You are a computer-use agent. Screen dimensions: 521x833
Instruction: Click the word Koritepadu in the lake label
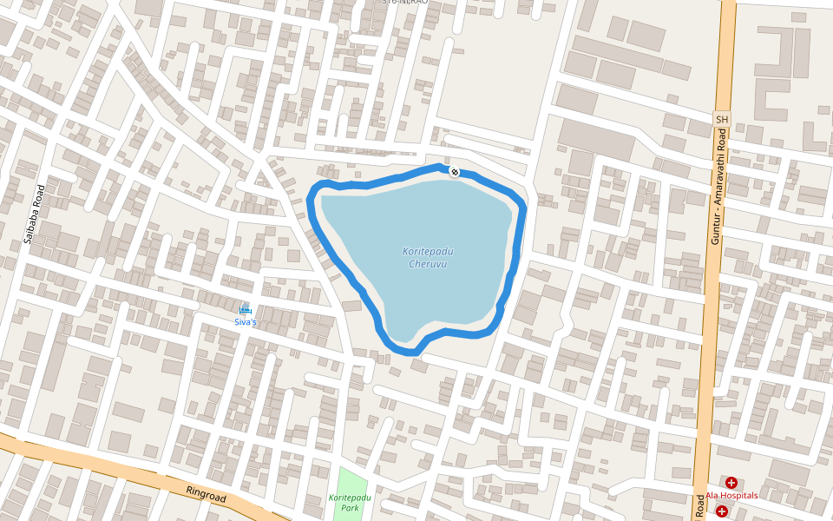(428, 252)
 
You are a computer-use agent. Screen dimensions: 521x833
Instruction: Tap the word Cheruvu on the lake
(428, 264)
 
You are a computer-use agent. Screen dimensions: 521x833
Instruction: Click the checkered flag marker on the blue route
(454, 170)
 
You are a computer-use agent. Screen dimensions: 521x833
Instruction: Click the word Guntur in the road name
(716, 228)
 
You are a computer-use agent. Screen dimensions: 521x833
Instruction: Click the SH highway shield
(720, 118)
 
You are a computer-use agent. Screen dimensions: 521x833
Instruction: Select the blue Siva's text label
(246, 322)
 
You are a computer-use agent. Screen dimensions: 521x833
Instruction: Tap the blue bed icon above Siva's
(246, 310)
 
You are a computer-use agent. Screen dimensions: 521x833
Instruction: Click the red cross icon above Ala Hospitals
(731, 482)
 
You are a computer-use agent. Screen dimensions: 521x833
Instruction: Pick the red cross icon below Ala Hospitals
(722, 511)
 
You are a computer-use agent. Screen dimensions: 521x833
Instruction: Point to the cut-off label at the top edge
(405, 3)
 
